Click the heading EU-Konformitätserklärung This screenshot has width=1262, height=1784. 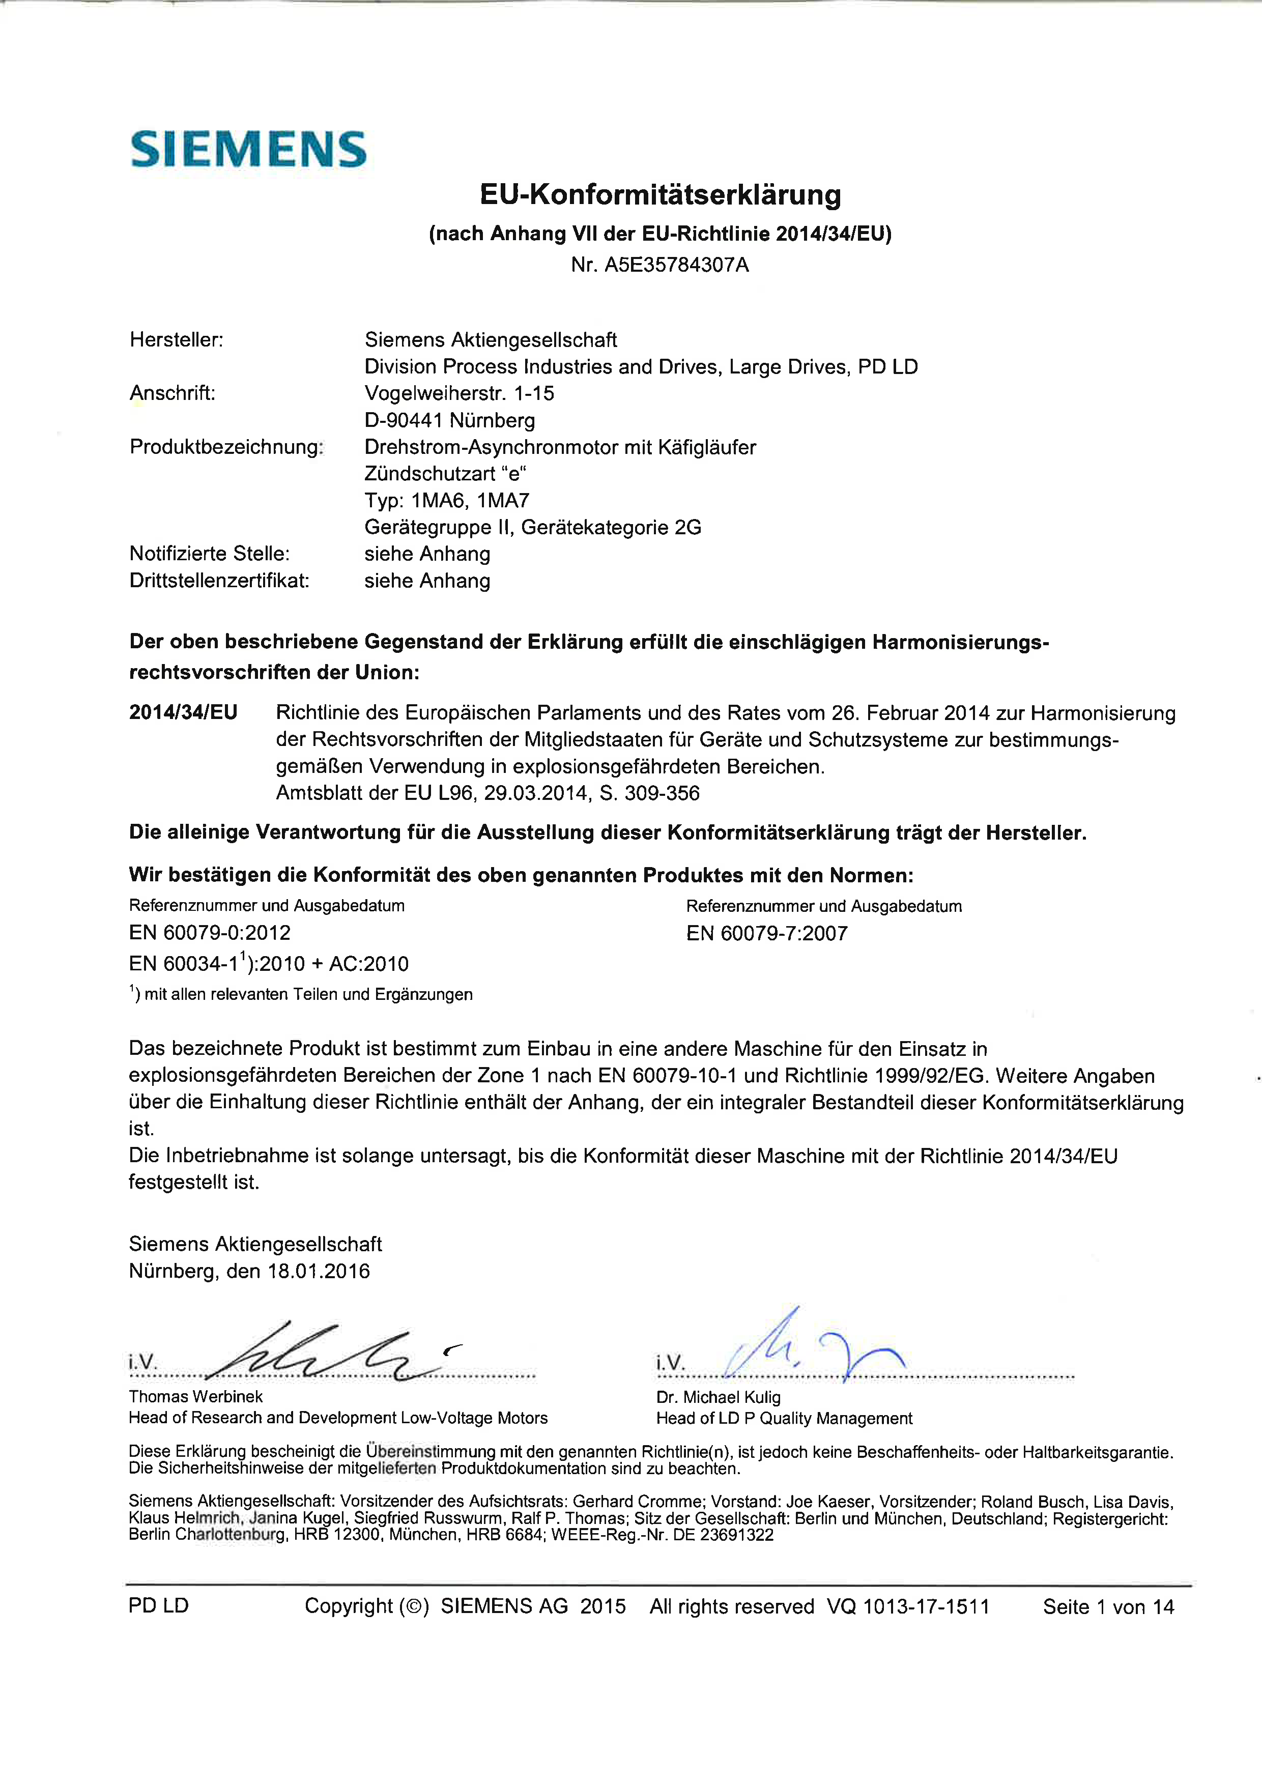pos(660,194)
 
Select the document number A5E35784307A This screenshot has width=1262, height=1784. pos(676,265)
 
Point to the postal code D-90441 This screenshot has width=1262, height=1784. pos(404,420)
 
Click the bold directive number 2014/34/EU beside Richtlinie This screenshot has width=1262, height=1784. pos(183,712)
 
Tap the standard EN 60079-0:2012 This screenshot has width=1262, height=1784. pos(210,932)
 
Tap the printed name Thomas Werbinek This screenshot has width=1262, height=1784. pos(196,1396)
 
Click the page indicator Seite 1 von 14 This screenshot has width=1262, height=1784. pos(1108,1607)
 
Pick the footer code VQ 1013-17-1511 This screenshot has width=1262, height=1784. pos(908,1607)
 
